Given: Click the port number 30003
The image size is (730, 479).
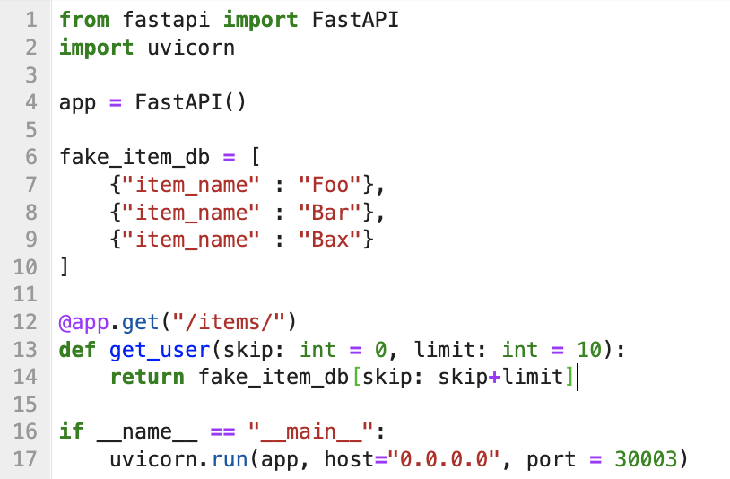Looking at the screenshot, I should point(646,459).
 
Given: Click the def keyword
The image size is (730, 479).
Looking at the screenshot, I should point(77,349).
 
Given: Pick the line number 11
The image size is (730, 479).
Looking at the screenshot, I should point(25,294).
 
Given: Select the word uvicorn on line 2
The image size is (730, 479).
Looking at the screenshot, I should point(191,48).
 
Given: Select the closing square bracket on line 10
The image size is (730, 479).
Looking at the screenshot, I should point(64,267).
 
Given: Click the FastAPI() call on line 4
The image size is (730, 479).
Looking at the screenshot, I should point(190,102).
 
